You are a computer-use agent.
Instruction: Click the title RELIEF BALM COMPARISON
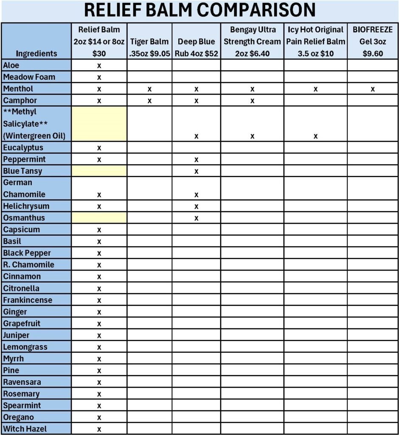(199, 10)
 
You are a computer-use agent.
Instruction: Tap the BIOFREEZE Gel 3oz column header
(373, 42)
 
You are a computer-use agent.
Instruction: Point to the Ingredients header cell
(36, 54)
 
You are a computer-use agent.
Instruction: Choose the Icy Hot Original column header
(315, 42)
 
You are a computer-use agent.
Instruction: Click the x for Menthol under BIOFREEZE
(373, 89)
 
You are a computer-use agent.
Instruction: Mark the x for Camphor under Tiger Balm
(149, 101)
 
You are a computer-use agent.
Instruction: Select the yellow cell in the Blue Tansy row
(99, 171)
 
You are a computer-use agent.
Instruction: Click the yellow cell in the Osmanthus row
(99, 218)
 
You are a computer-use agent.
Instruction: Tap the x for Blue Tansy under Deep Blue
(196, 172)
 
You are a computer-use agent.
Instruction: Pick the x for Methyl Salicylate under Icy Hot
(315, 136)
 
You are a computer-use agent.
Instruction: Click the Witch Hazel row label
(25, 429)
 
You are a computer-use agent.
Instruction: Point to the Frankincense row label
(28, 300)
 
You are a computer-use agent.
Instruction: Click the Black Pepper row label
(27, 253)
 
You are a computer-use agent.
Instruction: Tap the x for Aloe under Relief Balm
(99, 66)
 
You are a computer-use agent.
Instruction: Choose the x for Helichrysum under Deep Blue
(196, 206)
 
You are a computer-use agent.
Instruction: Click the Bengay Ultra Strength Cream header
(252, 42)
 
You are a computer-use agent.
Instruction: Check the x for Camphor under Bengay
(252, 101)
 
